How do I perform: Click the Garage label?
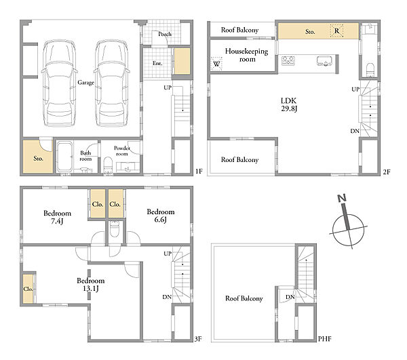click(x=85, y=83)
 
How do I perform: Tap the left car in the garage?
click(x=60, y=83)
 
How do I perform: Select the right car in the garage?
click(x=112, y=83)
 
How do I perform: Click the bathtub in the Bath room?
click(x=64, y=157)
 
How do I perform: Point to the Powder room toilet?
click(x=107, y=165)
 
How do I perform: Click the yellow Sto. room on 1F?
click(x=38, y=157)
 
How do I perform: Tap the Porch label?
click(x=165, y=34)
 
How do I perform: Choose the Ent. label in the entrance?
click(x=157, y=63)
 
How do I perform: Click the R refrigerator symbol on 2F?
click(x=336, y=31)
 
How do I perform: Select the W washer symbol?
click(x=216, y=64)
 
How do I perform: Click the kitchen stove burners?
click(x=288, y=61)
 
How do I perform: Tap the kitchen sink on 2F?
click(x=324, y=61)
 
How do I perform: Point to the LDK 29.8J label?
click(x=289, y=104)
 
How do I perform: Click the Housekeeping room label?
click(x=247, y=55)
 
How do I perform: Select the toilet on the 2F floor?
click(x=370, y=70)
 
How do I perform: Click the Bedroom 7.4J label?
click(x=57, y=217)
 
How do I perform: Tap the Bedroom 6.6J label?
click(x=161, y=216)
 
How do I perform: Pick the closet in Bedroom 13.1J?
click(x=28, y=288)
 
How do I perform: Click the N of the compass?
click(x=342, y=199)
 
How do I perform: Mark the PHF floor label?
click(x=325, y=339)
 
